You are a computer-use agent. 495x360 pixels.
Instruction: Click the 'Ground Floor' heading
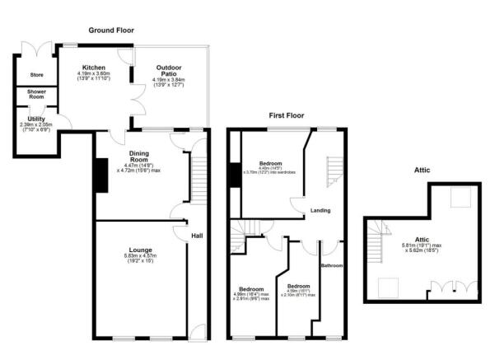coord(113,30)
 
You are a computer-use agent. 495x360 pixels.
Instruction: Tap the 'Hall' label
coord(197,236)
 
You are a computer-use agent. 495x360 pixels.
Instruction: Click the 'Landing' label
coord(320,212)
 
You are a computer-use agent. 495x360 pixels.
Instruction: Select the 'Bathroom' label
coord(331,266)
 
